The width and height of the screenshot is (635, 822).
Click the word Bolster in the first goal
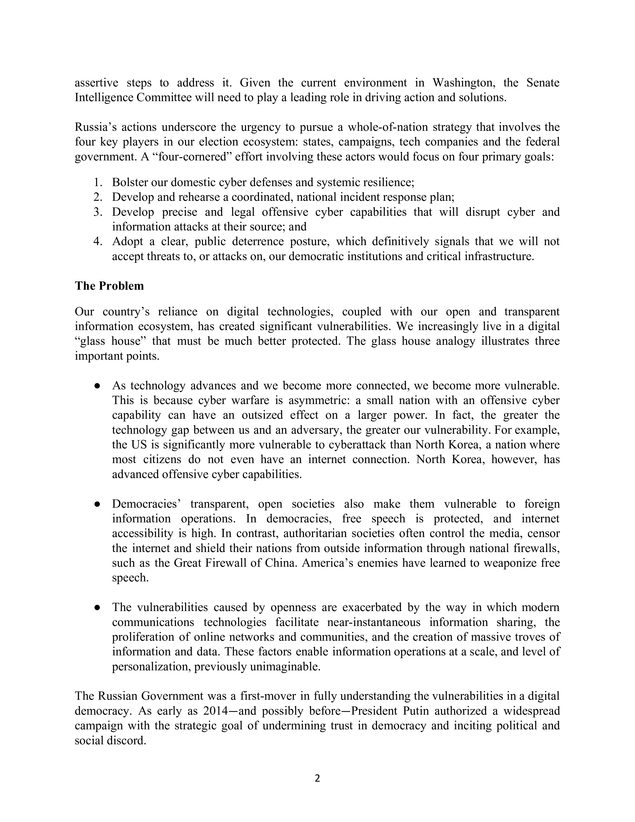(129, 183)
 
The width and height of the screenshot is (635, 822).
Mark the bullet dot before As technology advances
(97, 386)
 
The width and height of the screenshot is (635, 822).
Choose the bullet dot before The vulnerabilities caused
(97, 608)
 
